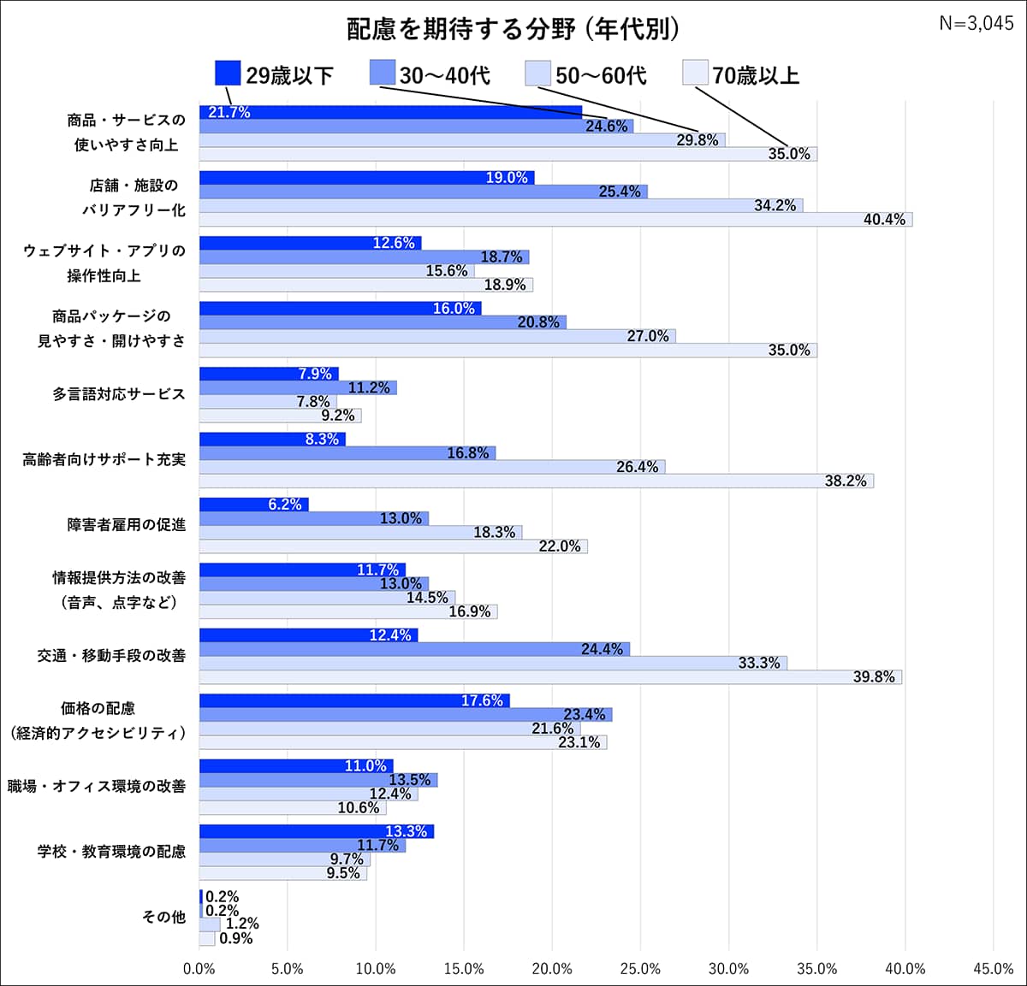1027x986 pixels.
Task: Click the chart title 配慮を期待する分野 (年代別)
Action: pos(513,29)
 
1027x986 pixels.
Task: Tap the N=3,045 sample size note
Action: pos(976,23)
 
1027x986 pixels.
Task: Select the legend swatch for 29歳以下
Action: pos(227,74)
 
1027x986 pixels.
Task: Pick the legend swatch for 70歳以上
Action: pos(695,74)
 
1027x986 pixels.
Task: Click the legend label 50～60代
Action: pos(601,75)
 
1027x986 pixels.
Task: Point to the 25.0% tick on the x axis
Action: pos(640,969)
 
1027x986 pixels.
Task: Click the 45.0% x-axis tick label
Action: pos(993,969)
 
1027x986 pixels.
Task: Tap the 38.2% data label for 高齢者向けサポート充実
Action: pos(846,481)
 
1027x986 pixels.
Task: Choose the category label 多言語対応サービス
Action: pos(118,394)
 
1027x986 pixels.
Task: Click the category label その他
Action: pos(163,917)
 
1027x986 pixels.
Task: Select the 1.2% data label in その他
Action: pos(242,924)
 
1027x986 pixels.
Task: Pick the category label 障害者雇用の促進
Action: pos(126,524)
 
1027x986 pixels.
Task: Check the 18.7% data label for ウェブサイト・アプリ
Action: pos(502,257)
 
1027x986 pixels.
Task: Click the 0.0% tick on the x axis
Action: pos(199,969)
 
